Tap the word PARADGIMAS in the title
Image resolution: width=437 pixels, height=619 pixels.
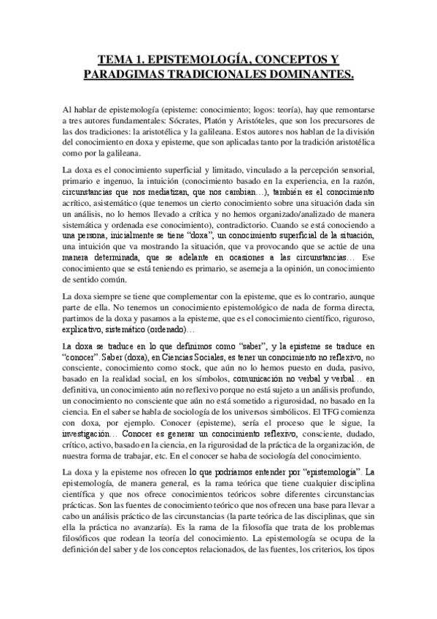131,74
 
